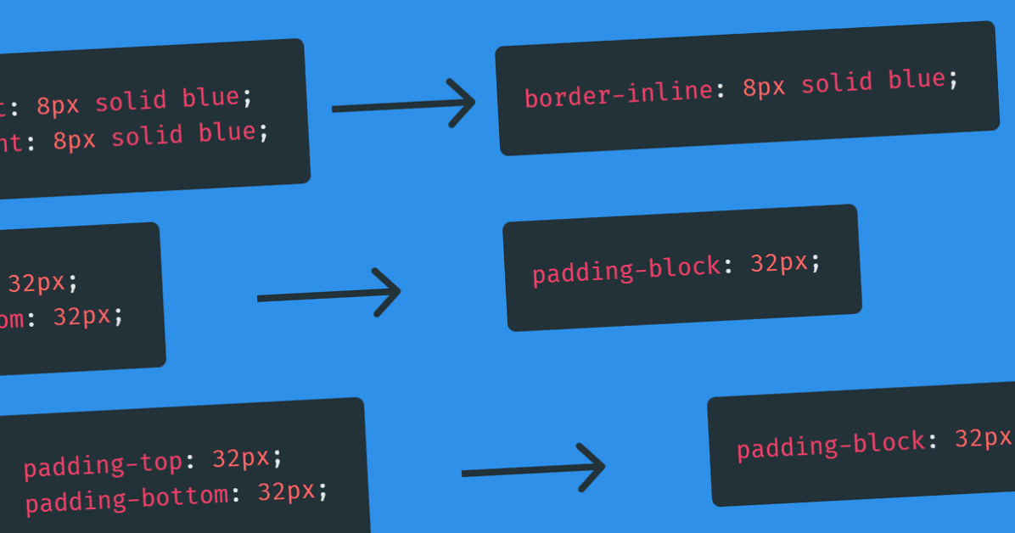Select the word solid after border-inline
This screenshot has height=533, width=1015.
pos(837,83)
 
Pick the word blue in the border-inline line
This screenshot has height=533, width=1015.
pos(917,80)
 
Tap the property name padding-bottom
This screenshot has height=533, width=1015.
pos(126,498)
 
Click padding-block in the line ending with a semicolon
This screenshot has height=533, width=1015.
pos(626,271)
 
